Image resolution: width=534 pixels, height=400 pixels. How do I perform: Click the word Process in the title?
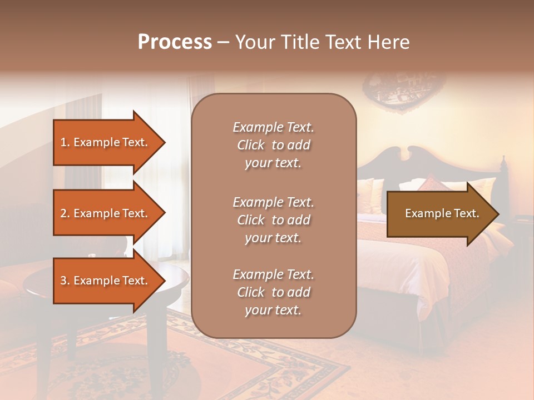pos(175,42)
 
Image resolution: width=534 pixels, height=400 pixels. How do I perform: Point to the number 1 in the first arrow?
pos(63,142)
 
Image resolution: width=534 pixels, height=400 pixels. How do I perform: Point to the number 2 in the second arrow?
pos(63,213)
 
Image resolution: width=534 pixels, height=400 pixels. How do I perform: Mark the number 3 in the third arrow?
pos(63,281)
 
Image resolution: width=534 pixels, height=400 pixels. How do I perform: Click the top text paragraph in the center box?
pos(273,145)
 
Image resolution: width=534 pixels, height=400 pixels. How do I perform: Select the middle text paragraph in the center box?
pos(273,220)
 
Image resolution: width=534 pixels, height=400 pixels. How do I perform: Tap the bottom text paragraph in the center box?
pos(273,292)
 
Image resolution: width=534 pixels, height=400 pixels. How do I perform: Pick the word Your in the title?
pos(255,42)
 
